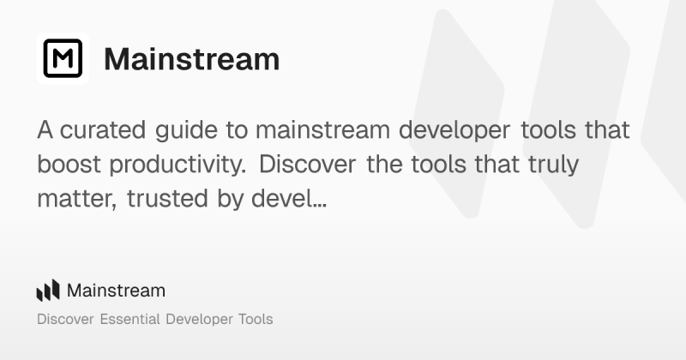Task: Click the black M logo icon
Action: point(63,59)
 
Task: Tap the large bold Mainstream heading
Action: point(191,59)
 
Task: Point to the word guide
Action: point(202,133)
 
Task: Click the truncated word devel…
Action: point(287,199)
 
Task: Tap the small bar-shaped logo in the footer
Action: point(48,291)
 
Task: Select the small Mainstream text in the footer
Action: point(116,291)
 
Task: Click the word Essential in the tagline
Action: point(129,320)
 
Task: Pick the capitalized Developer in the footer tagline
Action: point(199,320)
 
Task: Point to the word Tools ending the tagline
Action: point(255,320)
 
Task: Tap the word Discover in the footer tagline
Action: point(66,320)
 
